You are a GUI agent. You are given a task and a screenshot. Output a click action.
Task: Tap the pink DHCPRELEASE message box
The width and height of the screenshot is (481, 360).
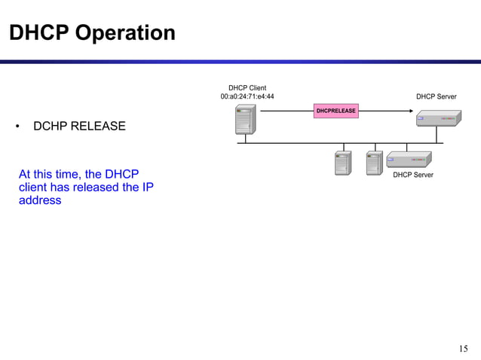[335, 111]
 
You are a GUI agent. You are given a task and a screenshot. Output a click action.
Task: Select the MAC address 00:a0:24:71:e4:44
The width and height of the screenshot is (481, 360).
[247, 96]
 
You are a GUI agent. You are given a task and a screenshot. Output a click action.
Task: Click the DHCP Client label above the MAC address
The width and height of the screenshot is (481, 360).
[247, 87]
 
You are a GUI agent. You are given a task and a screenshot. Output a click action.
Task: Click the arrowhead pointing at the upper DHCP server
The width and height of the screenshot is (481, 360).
[410, 111]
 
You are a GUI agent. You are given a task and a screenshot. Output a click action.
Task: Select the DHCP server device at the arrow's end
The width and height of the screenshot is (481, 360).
[436, 118]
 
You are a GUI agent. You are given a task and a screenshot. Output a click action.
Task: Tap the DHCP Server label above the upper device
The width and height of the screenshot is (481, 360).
[436, 96]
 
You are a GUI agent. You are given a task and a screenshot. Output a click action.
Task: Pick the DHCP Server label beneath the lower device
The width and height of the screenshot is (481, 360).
[413, 175]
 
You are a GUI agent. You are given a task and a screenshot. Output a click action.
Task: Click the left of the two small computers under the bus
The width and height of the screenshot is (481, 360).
[343, 163]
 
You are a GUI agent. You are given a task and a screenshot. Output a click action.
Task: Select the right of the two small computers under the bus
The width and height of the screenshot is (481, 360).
[374, 163]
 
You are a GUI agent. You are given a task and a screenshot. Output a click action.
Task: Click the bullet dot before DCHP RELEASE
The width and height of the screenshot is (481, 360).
[17, 127]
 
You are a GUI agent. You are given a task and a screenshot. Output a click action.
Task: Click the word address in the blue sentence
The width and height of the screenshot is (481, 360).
[40, 200]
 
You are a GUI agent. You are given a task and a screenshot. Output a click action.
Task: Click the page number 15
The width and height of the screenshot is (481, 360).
[463, 348]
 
